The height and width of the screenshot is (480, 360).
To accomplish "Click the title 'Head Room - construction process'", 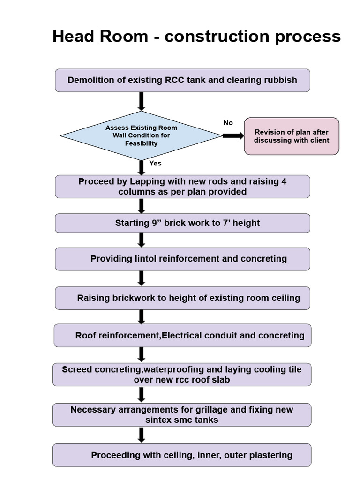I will coord(196,36).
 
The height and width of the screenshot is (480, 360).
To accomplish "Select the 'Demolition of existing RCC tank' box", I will coord(182,80).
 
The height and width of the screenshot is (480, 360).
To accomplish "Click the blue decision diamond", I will coord(141,135).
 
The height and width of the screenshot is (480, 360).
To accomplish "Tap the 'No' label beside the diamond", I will coord(228,123).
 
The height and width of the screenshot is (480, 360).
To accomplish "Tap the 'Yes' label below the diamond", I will coord(155,164).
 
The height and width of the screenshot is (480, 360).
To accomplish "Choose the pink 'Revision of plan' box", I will coord(292,136).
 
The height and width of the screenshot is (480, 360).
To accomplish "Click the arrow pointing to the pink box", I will coord(232,136).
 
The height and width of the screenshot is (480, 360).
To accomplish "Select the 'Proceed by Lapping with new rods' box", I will coord(182,187).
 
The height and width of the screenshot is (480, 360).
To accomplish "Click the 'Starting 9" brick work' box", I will coord(182,223).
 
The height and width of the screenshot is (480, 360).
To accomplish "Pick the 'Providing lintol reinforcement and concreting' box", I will coord(182,259).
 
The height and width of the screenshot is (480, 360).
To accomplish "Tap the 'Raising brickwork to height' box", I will coord(182,298).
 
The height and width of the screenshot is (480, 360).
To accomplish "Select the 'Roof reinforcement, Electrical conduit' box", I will coord(182,336).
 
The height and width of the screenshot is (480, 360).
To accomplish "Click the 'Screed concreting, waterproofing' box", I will coord(182,375).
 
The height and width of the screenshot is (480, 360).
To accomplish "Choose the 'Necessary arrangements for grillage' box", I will coord(182,415).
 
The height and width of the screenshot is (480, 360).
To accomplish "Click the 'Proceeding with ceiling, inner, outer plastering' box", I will coord(182,455).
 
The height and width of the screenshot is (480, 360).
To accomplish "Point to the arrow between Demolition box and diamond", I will coord(141,101).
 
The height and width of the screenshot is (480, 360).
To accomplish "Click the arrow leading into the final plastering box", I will coord(141,435).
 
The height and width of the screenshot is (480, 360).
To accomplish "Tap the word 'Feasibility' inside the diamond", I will coord(141,143).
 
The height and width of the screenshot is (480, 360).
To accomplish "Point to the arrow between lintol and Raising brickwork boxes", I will coord(141,278).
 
